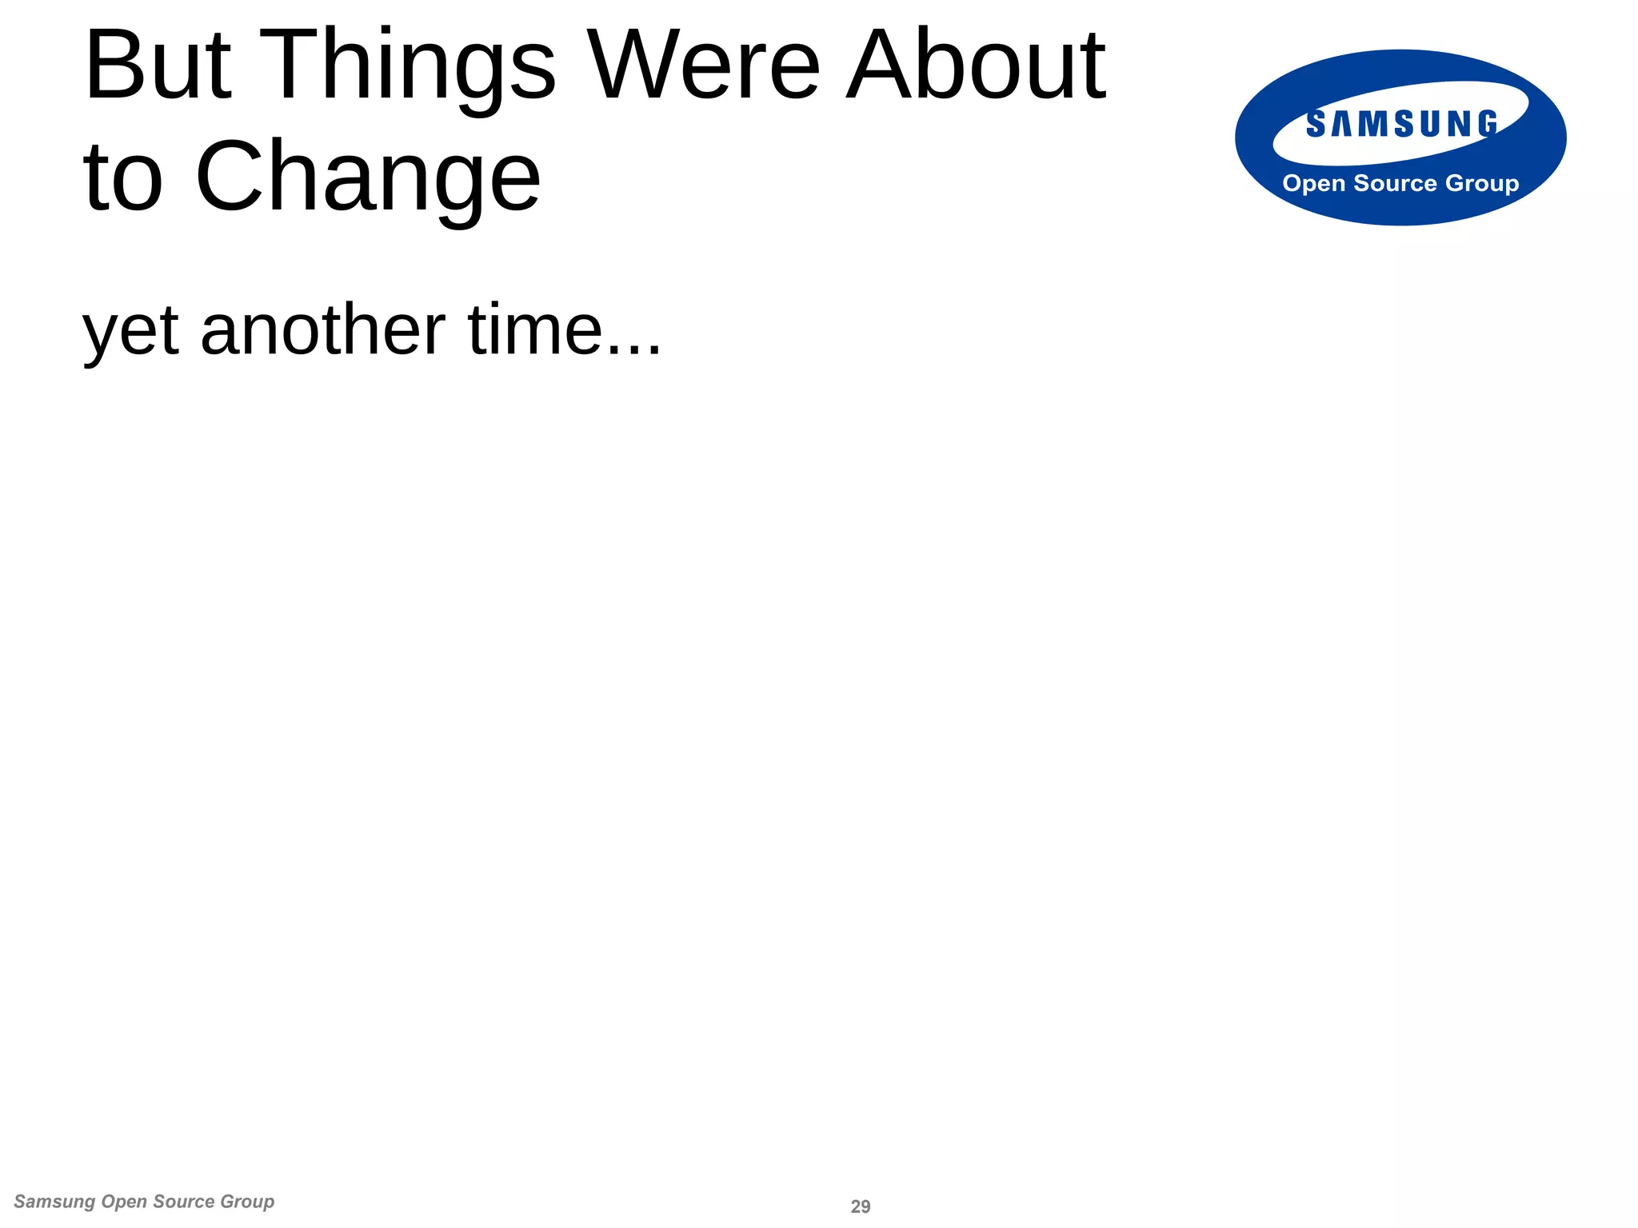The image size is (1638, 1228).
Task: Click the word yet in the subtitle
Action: pyautogui.click(x=130, y=332)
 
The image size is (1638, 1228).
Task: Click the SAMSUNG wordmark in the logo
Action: pyautogui.click(x=1401, y=125)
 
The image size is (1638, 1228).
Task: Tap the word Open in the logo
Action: pyautogui.click(x=1314, y=184)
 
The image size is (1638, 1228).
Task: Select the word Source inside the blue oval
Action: pyautogui.click(x=1395, y=183)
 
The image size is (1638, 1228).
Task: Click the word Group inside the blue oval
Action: pyautogui.click(x=1482, y=184)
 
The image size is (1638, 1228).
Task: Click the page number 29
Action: pyautogui.click(x=861, y=1206)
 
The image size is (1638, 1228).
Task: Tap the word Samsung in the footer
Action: pyautogui.click(x=54, y=1202)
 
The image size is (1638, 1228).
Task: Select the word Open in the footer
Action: pyautogui.click(x=125, y=1202)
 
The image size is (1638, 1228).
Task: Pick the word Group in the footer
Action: pyautogui.click(x=247, y=1202)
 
